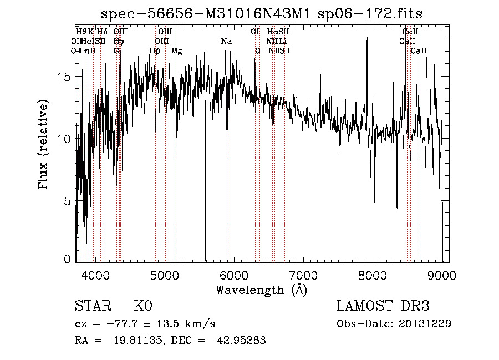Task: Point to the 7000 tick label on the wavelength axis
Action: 303,275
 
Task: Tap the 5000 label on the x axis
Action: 164,275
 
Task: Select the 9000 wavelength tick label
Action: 442,275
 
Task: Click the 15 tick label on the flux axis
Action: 65,77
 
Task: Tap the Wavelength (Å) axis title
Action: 261,290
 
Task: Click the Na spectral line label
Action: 226,41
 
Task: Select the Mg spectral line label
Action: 176,51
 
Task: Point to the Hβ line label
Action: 155,51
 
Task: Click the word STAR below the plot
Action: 93,306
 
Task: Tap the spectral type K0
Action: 142,306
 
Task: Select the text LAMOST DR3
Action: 383,306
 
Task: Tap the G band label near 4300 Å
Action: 116,51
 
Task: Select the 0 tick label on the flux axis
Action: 68,259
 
